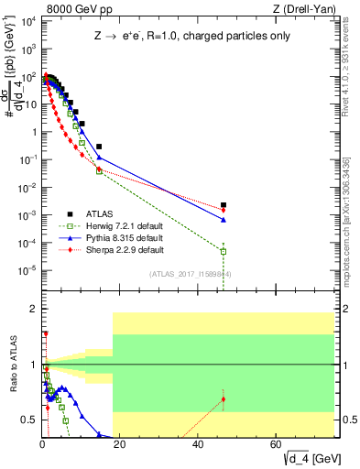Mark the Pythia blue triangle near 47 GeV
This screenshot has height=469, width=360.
[224, 220]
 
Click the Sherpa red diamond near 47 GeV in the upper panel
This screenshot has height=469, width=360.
[224, 211]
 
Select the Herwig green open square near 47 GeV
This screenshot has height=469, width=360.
[224, 251]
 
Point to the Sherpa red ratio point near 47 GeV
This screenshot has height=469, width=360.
[224, 399]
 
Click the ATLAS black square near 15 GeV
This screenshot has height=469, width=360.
[99, 147]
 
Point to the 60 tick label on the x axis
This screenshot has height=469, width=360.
[275, 443]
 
